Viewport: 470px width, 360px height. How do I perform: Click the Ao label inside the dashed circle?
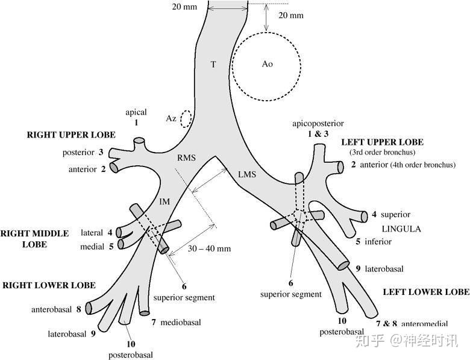click(x=268, y=64)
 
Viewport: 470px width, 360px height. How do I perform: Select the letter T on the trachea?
click(x=213, y=64)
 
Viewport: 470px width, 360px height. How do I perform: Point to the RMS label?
click(x=186, y=157)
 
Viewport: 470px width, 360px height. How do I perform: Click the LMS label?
click(x=247, y=174)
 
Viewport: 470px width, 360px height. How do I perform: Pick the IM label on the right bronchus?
click(x=164, y=201)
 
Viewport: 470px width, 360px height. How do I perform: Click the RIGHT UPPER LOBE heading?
click(x=71, y=135)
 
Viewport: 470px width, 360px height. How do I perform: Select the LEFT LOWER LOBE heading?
click(x=426, y=292)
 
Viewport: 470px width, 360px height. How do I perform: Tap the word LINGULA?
click(x=401, y=229)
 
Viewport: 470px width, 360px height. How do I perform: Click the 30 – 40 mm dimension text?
click(x=210, y=248)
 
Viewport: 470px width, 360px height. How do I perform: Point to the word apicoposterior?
click(x=318, y=123)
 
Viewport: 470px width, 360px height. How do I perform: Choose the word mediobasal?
click(x=180, y=323)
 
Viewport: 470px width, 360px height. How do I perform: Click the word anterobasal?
click(x=52, y=309)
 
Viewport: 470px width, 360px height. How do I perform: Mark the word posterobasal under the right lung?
click(x=130, y=355)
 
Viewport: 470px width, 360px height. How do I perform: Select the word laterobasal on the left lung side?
click(x=384, y=269)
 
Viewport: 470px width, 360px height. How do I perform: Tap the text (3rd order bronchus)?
click(x=382, y=152)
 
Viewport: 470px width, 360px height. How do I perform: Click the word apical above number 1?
click(x=136, y=112)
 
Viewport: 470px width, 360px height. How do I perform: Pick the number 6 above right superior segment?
click(x=184, y=286)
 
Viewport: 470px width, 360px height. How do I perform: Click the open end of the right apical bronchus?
click(x=139, y=140)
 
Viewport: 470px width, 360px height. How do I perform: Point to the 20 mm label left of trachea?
click(x=184, y=6)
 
